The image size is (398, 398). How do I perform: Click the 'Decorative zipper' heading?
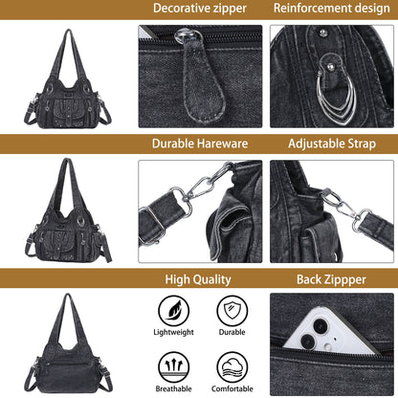[199, 9]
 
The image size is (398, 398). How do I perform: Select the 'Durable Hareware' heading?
[199, 144]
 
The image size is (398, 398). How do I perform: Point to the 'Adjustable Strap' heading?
[330, 144]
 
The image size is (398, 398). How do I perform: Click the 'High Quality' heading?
[199, 279]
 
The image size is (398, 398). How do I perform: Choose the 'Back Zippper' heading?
[330, 279]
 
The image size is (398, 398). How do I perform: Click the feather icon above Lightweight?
[173, 309]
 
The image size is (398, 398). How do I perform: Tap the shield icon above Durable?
[232, 309]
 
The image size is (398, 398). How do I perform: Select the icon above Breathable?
[173, 365]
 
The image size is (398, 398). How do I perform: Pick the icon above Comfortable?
[232, 365]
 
